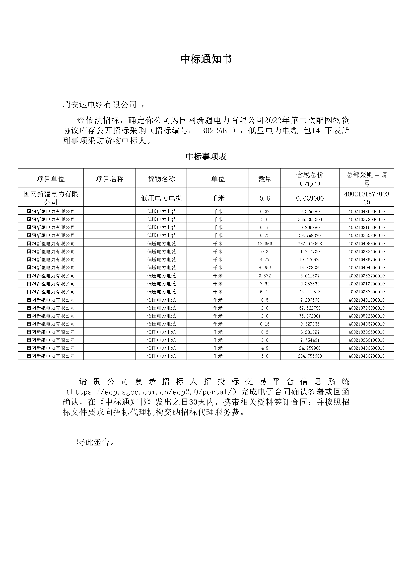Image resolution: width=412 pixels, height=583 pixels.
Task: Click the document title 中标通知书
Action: tap(206, 59)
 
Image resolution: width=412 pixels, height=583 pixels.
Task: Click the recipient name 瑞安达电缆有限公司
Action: tap(100, 104)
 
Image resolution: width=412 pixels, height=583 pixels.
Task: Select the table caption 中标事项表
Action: tap(206, 157)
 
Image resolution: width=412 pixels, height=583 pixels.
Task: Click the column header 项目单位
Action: tap(51, 179)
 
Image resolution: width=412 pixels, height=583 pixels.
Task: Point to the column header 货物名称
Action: tap(161, 179)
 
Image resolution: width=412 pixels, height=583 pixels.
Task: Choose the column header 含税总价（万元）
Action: tap(310, 179)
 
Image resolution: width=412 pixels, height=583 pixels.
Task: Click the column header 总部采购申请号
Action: tap(366, 179)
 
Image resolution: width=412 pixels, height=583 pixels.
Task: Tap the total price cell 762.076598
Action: tap(310, 244)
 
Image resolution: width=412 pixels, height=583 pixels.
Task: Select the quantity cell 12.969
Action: tap(265, 244)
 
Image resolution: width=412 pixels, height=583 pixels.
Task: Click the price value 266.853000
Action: tap(310, 219)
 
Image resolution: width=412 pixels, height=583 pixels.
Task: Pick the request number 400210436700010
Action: tap(366, 356)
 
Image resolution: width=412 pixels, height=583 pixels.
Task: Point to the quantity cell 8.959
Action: tap(265, 268)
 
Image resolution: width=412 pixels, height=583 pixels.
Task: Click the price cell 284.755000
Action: tap(310, 356)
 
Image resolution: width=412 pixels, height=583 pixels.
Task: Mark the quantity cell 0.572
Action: tap(265, 276)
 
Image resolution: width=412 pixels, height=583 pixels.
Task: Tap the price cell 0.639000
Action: tap(310, 198)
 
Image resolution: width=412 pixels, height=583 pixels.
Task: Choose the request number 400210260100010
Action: tap(366, 340)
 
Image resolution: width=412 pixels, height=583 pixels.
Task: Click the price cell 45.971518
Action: tap(310, 292)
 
